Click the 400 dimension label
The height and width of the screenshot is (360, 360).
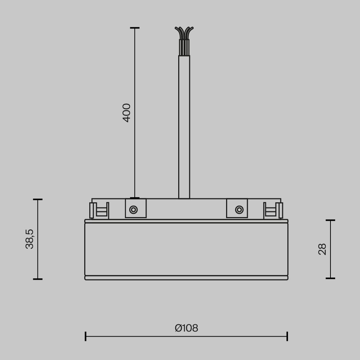point(127,113)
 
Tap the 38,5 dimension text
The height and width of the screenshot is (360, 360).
point(30,239)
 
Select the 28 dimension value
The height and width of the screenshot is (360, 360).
point(322,249)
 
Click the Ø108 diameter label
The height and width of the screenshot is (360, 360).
point(186,328)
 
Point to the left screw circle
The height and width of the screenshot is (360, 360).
point(134,210)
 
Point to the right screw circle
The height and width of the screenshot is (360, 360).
point(239,210)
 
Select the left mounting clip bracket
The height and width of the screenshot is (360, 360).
point(99,210)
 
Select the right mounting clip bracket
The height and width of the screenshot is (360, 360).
point(273,210)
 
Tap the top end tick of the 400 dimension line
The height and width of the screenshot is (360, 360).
point(135,28)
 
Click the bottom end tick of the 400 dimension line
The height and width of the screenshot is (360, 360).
point(135,198)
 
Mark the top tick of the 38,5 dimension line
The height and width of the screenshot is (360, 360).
point(38,199)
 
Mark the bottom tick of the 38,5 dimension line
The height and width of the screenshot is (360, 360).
point(38,279)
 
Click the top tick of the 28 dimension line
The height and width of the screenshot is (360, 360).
point(330,220)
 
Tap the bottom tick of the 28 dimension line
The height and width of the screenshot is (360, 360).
point(330,278)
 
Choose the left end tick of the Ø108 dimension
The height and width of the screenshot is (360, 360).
point(85,336)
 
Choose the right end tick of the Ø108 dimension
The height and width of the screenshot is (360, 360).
point(287,336)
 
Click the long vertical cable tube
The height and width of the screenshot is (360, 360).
point(184,126)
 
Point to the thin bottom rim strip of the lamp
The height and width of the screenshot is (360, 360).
point(186,278)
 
